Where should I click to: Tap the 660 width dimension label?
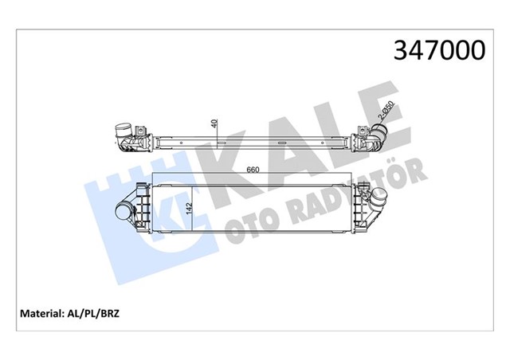click(x=253, y=169)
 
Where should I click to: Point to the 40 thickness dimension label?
click(x=213, y=125)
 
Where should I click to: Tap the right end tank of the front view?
click(x=359, y=209)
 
